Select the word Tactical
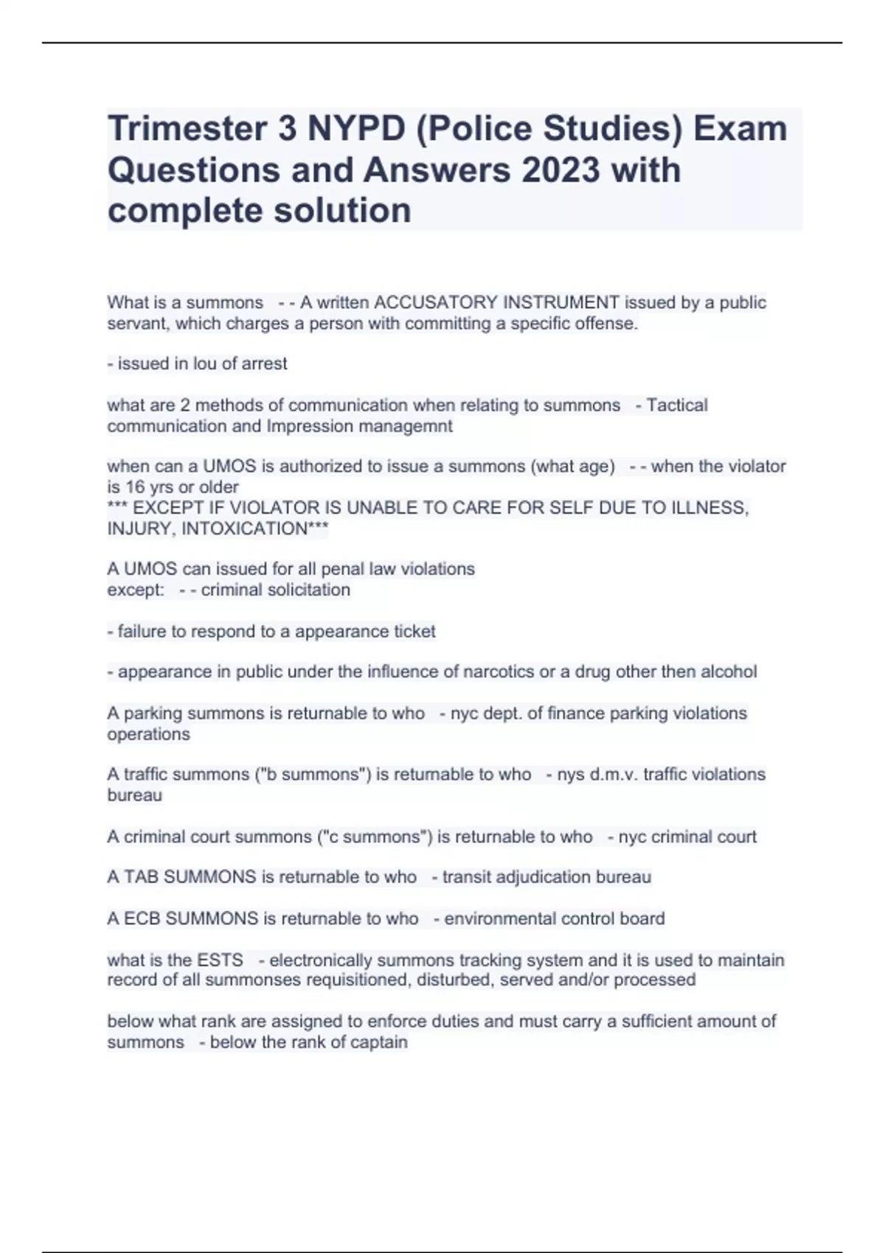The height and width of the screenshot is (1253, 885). [x=676, y=405]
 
